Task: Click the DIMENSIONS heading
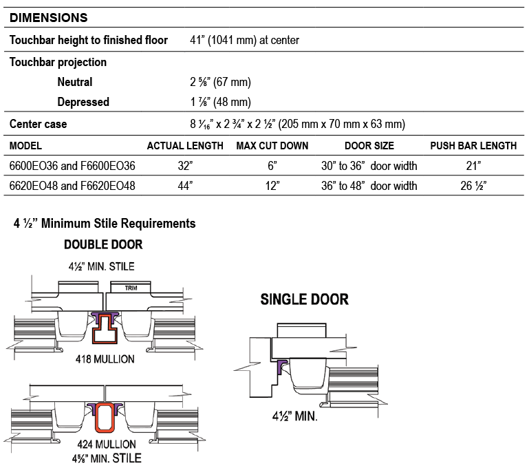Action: coord(49,17)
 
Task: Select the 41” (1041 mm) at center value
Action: coord(244,40)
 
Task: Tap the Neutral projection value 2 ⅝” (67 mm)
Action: coord(220,82)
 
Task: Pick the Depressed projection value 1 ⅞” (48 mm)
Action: coord(220,102)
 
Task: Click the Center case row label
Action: coord(38,124)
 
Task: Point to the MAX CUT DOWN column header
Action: coord(272,146)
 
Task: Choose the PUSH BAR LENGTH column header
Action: coord(473,146)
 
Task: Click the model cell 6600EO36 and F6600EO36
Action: coord(72,166)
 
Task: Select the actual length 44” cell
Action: coord(185,186)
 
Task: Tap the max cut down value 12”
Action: coord(272,186)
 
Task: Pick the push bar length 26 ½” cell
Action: coord(473,186)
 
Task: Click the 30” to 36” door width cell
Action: coord(369,166)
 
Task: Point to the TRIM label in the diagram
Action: coord(131,288)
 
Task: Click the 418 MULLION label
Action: coord(105,359)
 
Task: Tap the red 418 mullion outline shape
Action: coord(105,329)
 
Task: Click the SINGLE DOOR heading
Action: coord(304,299)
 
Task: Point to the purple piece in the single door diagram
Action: coord(282,367)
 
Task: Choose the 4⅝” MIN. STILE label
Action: coord(107,458)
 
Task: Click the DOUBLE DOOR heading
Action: coord(103,244)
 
